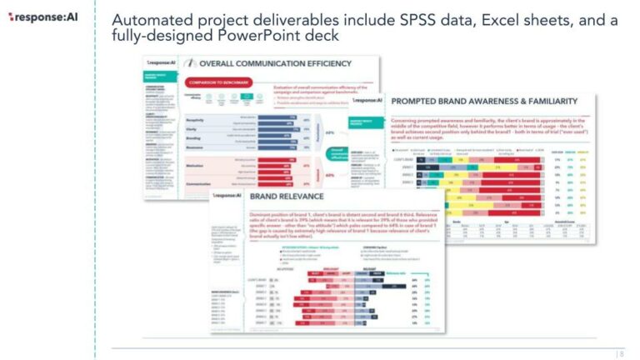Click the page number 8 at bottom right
point(620,353)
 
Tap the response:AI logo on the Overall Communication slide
point(160,62)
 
